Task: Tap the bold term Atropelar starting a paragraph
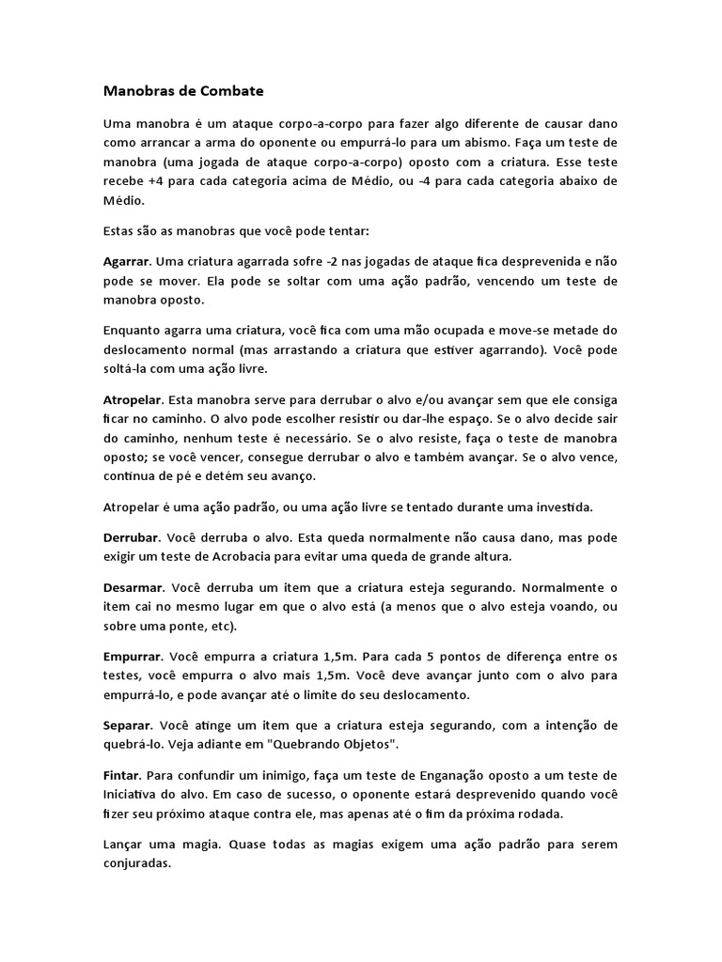click(133, 398)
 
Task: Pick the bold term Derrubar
click(132, 538)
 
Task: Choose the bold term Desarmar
click(133, 585)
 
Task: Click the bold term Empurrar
click(133, 655)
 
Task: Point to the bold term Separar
click(128, 725)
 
